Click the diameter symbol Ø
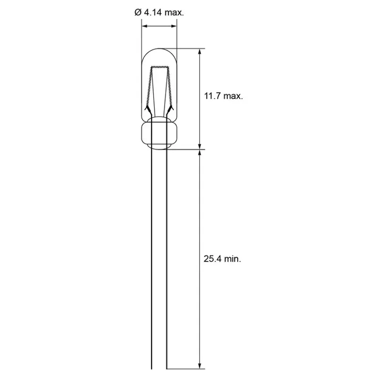(x=137, y=13)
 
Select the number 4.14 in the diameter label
(x=153, y=13)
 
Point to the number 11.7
(x=211, y=96)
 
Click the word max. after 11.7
(x=233, y=96)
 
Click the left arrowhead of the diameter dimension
(x=145, y=26)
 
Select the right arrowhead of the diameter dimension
(x=173, y=26)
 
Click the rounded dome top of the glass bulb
(x=159, y=50)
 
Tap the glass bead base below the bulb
(x=159, y=135)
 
